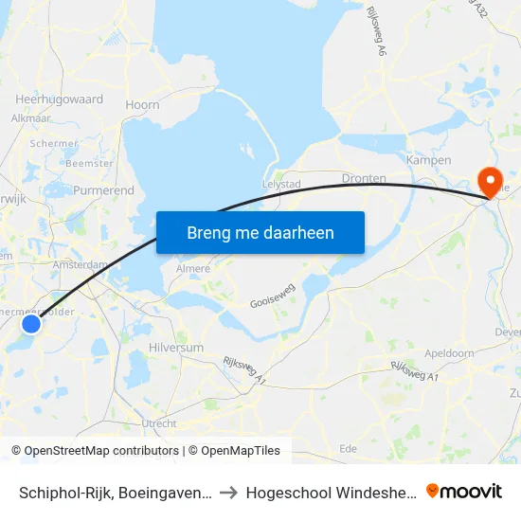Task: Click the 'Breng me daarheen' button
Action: (x=260, y=232)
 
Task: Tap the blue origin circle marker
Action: (x=31, y=324)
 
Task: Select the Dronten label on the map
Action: (x=364, y=178)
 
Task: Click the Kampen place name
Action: (x=428, y=160)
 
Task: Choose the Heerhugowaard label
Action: (x=60, y=99)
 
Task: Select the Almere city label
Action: (x=193, y=269)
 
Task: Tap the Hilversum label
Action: (x=176, y=348)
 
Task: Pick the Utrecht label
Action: (x=159, y=422)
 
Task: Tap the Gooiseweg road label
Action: (x=274, y=296)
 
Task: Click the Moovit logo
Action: (x=464, y=491)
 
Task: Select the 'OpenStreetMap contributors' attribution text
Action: (x=101, y=451)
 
